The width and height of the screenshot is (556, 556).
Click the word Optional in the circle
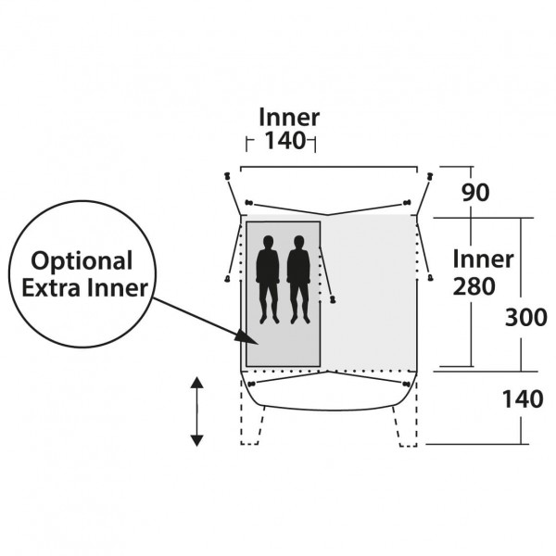(82, 262)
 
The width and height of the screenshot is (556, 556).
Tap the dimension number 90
(475, 193)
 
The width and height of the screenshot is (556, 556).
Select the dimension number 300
(525, 317)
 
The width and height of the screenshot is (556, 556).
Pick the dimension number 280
(474, 286)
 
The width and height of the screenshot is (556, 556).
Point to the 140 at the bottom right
(523, 398)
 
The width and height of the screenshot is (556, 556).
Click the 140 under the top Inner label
(285, 140)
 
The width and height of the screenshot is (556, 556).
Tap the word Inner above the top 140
(289, 117)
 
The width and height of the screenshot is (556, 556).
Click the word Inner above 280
(483, 259)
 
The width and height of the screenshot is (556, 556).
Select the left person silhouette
(268, 280)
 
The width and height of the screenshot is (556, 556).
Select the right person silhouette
(298, 280)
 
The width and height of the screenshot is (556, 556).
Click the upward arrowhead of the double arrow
(196, 383)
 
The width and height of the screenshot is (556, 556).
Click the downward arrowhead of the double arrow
(196, 440)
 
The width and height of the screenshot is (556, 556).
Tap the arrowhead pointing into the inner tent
(247, 338)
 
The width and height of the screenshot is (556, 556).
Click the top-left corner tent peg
(227, 176)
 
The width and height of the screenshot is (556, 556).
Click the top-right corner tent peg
(430, 176)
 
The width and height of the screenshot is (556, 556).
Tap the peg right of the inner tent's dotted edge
(333, 299)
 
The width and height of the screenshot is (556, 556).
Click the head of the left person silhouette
(268, 242)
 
